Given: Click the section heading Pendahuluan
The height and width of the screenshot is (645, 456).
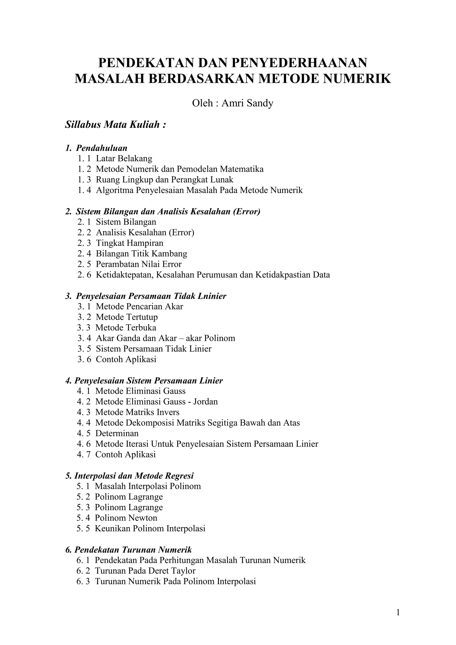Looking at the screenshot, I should [x=102, y=148].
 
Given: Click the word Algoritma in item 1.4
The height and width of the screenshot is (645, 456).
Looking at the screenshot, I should [x=115, y=190].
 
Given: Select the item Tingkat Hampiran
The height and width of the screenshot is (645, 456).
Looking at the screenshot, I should [x=129, y=243].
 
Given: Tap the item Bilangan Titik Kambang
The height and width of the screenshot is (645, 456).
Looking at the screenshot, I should [x=141, y=254].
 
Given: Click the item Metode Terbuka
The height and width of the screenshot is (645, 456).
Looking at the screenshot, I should [x=126, y=328].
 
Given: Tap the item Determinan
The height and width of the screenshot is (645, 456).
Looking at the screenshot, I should [x=117, y=433].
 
